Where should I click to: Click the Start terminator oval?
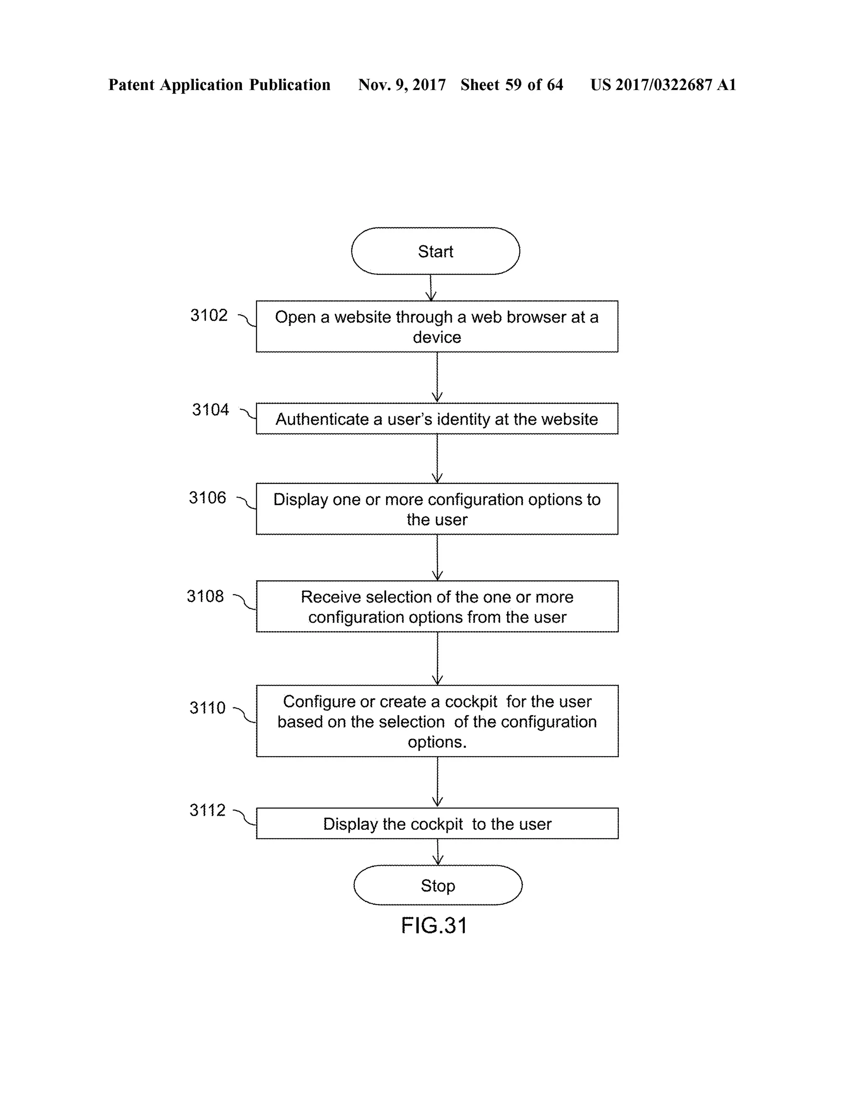click(435, 251)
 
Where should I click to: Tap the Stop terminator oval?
click(438, 885)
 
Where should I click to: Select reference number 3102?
click(209, 316)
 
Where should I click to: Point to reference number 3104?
click(210, 409)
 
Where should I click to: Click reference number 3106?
click(207, 498)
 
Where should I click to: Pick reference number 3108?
click(205, 596)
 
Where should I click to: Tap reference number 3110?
click(207, 707)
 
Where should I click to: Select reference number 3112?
click(207, 810)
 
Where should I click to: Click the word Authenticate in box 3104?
click(322, 419)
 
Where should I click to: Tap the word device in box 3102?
click(436, 337)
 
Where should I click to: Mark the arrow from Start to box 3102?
click(431, 288)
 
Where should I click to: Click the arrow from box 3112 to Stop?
click(438, 852)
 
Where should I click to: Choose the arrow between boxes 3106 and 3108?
click(437, 557)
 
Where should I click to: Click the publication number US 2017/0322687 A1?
click(662, 85)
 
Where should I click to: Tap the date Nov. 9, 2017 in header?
click(402, 85)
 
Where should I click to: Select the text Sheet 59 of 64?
click(511, 85)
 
